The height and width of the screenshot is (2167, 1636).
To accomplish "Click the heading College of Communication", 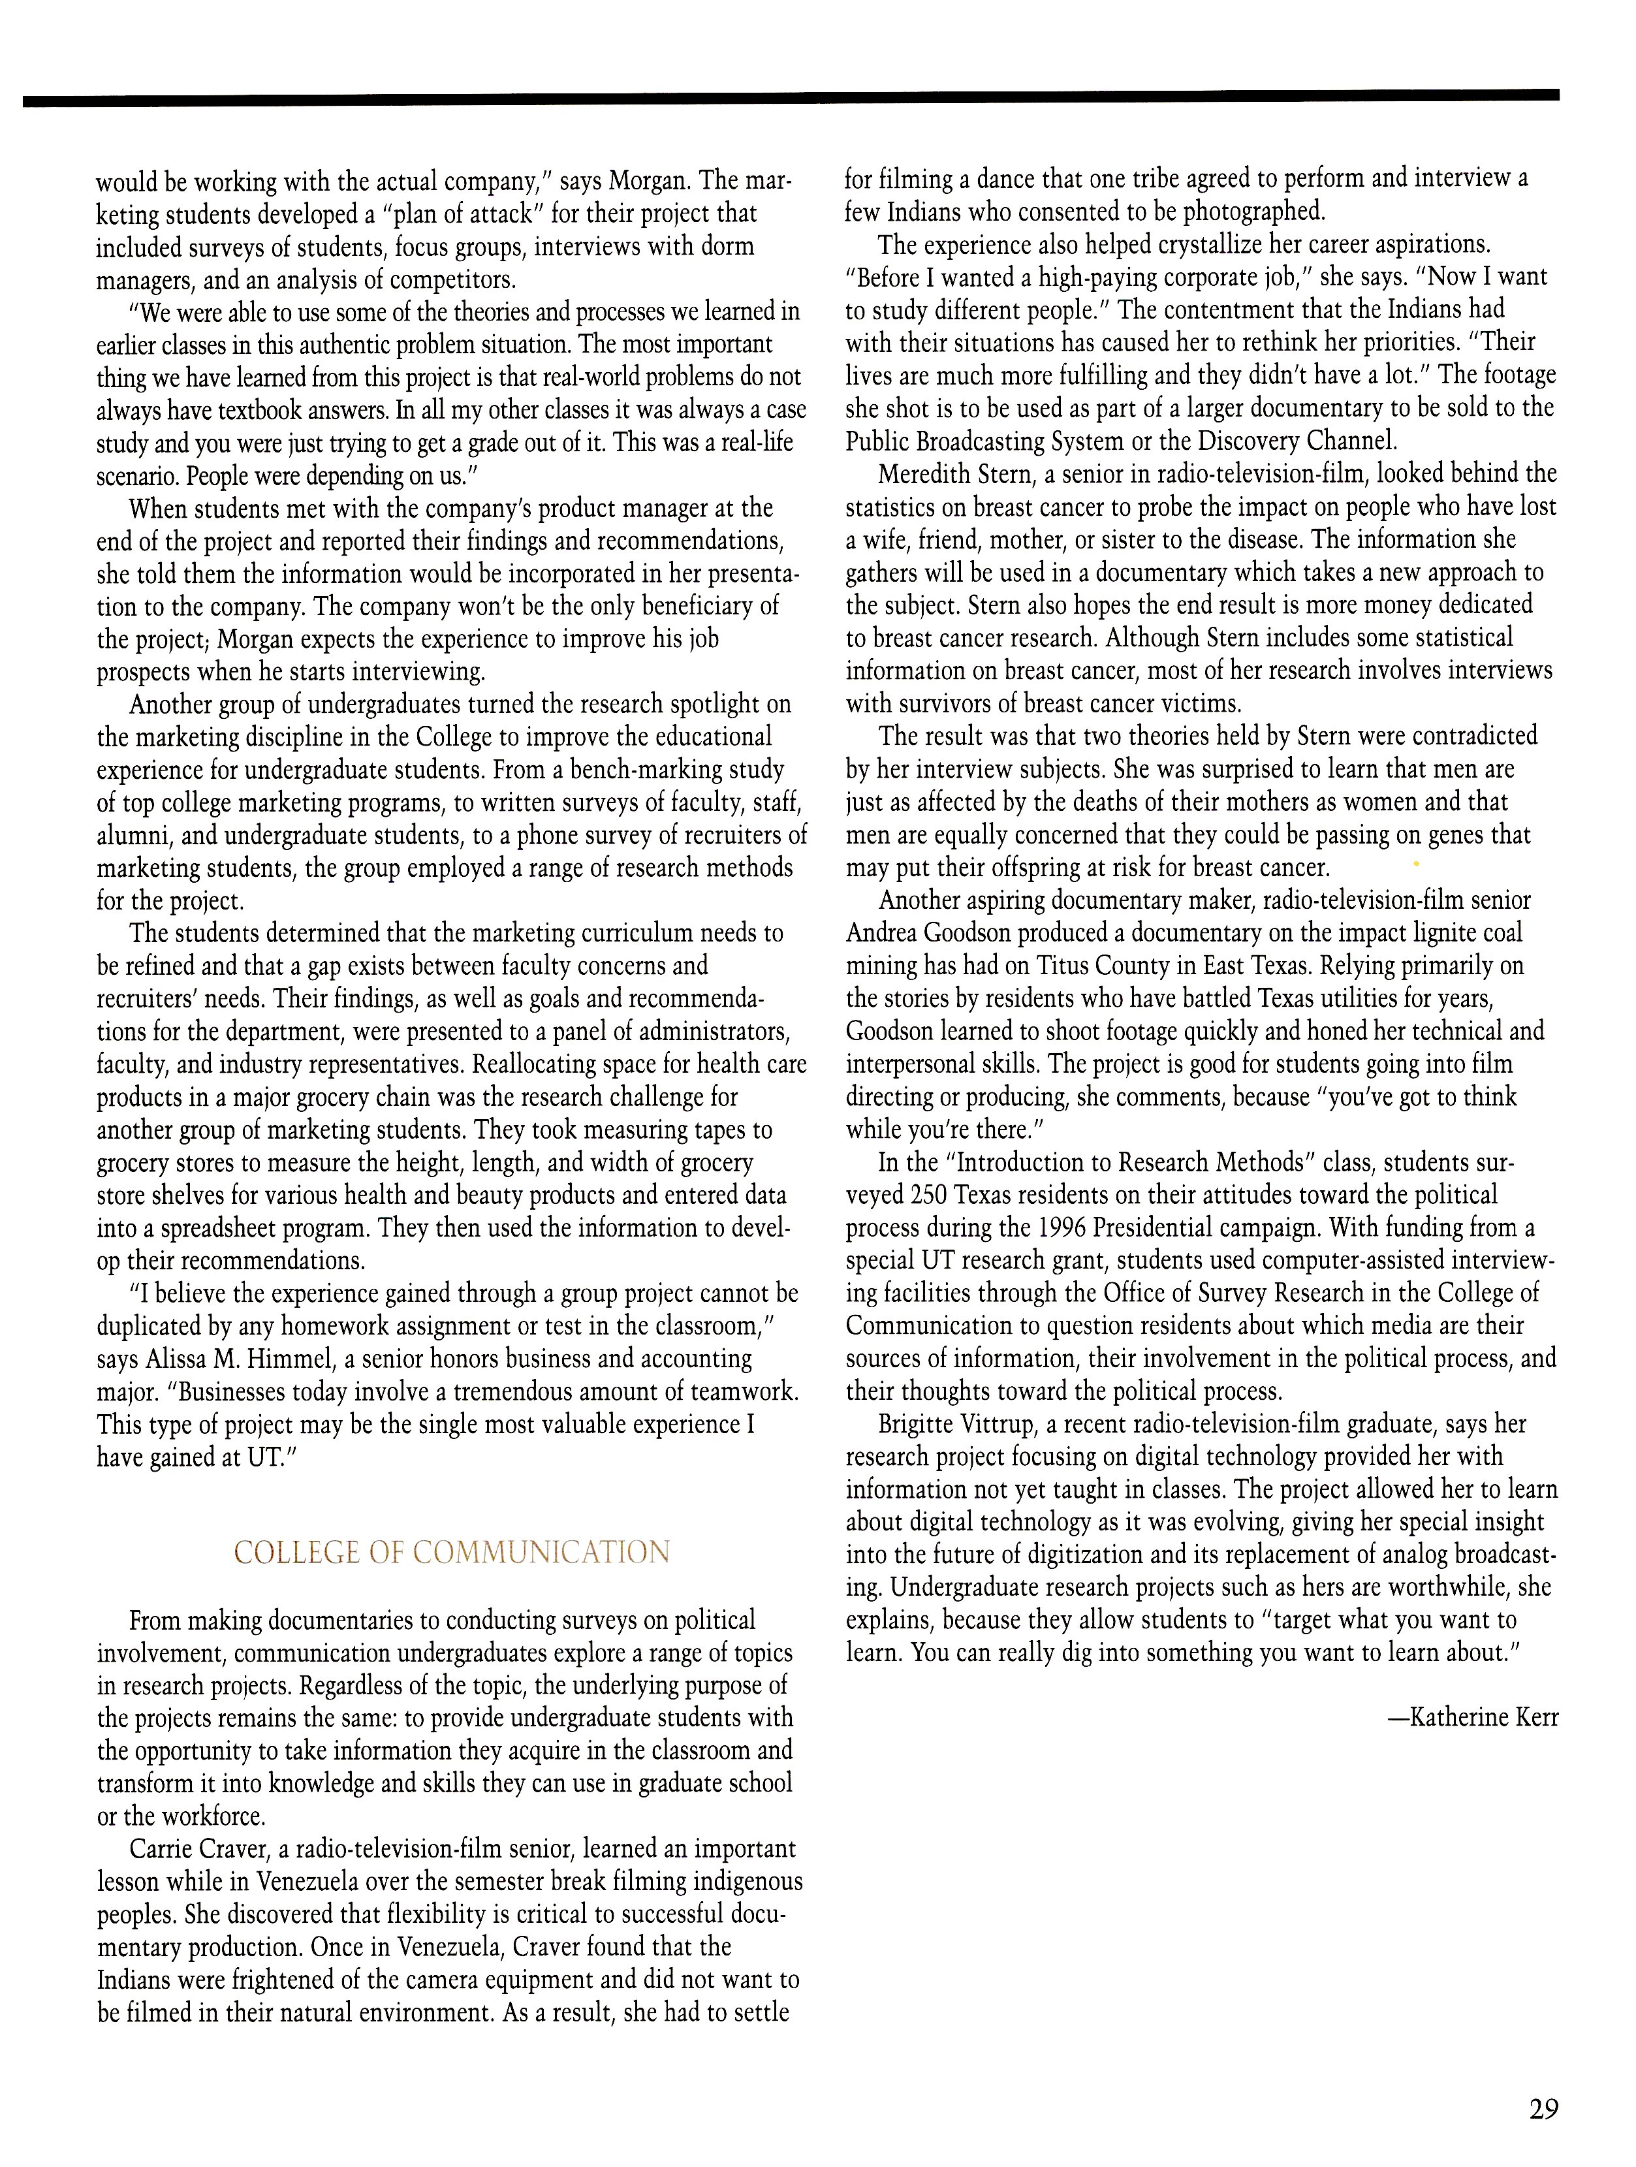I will coord(452,1553).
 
